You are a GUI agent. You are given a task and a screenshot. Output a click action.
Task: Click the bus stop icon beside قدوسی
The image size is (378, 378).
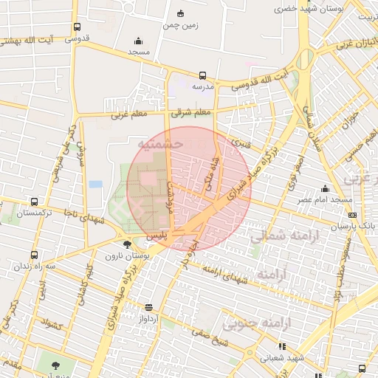tap(78, 27)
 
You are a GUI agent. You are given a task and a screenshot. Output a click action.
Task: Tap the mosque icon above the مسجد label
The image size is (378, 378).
tap(138, 41)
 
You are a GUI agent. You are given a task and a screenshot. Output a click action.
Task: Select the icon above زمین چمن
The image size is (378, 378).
tap(182, 13)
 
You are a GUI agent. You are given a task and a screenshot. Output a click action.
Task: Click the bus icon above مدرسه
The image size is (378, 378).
tap(202, 75)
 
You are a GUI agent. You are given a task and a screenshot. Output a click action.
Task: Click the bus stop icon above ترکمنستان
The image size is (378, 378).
tap(34, 202)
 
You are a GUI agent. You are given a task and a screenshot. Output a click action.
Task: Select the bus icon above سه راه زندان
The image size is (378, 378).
tap(30, 254)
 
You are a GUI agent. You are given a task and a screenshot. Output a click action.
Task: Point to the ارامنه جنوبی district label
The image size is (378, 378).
tap(258, 323)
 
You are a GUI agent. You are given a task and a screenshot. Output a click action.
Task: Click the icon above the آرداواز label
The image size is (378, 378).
tap(149, 306)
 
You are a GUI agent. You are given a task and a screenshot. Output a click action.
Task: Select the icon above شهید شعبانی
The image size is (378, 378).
tap(281, 346)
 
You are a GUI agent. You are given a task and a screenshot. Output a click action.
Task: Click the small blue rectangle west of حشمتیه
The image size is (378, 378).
tap(95, 184)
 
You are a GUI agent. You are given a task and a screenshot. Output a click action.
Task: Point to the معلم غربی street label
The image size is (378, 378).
tap(129, 114)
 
